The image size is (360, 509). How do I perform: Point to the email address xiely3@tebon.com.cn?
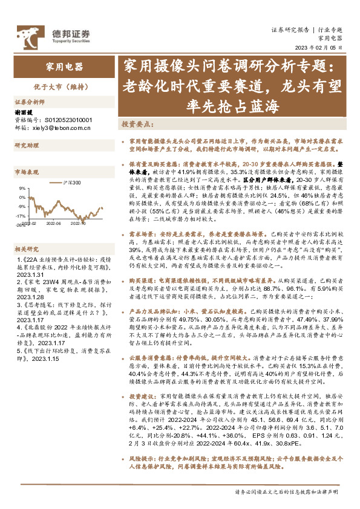tap(61, 128)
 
